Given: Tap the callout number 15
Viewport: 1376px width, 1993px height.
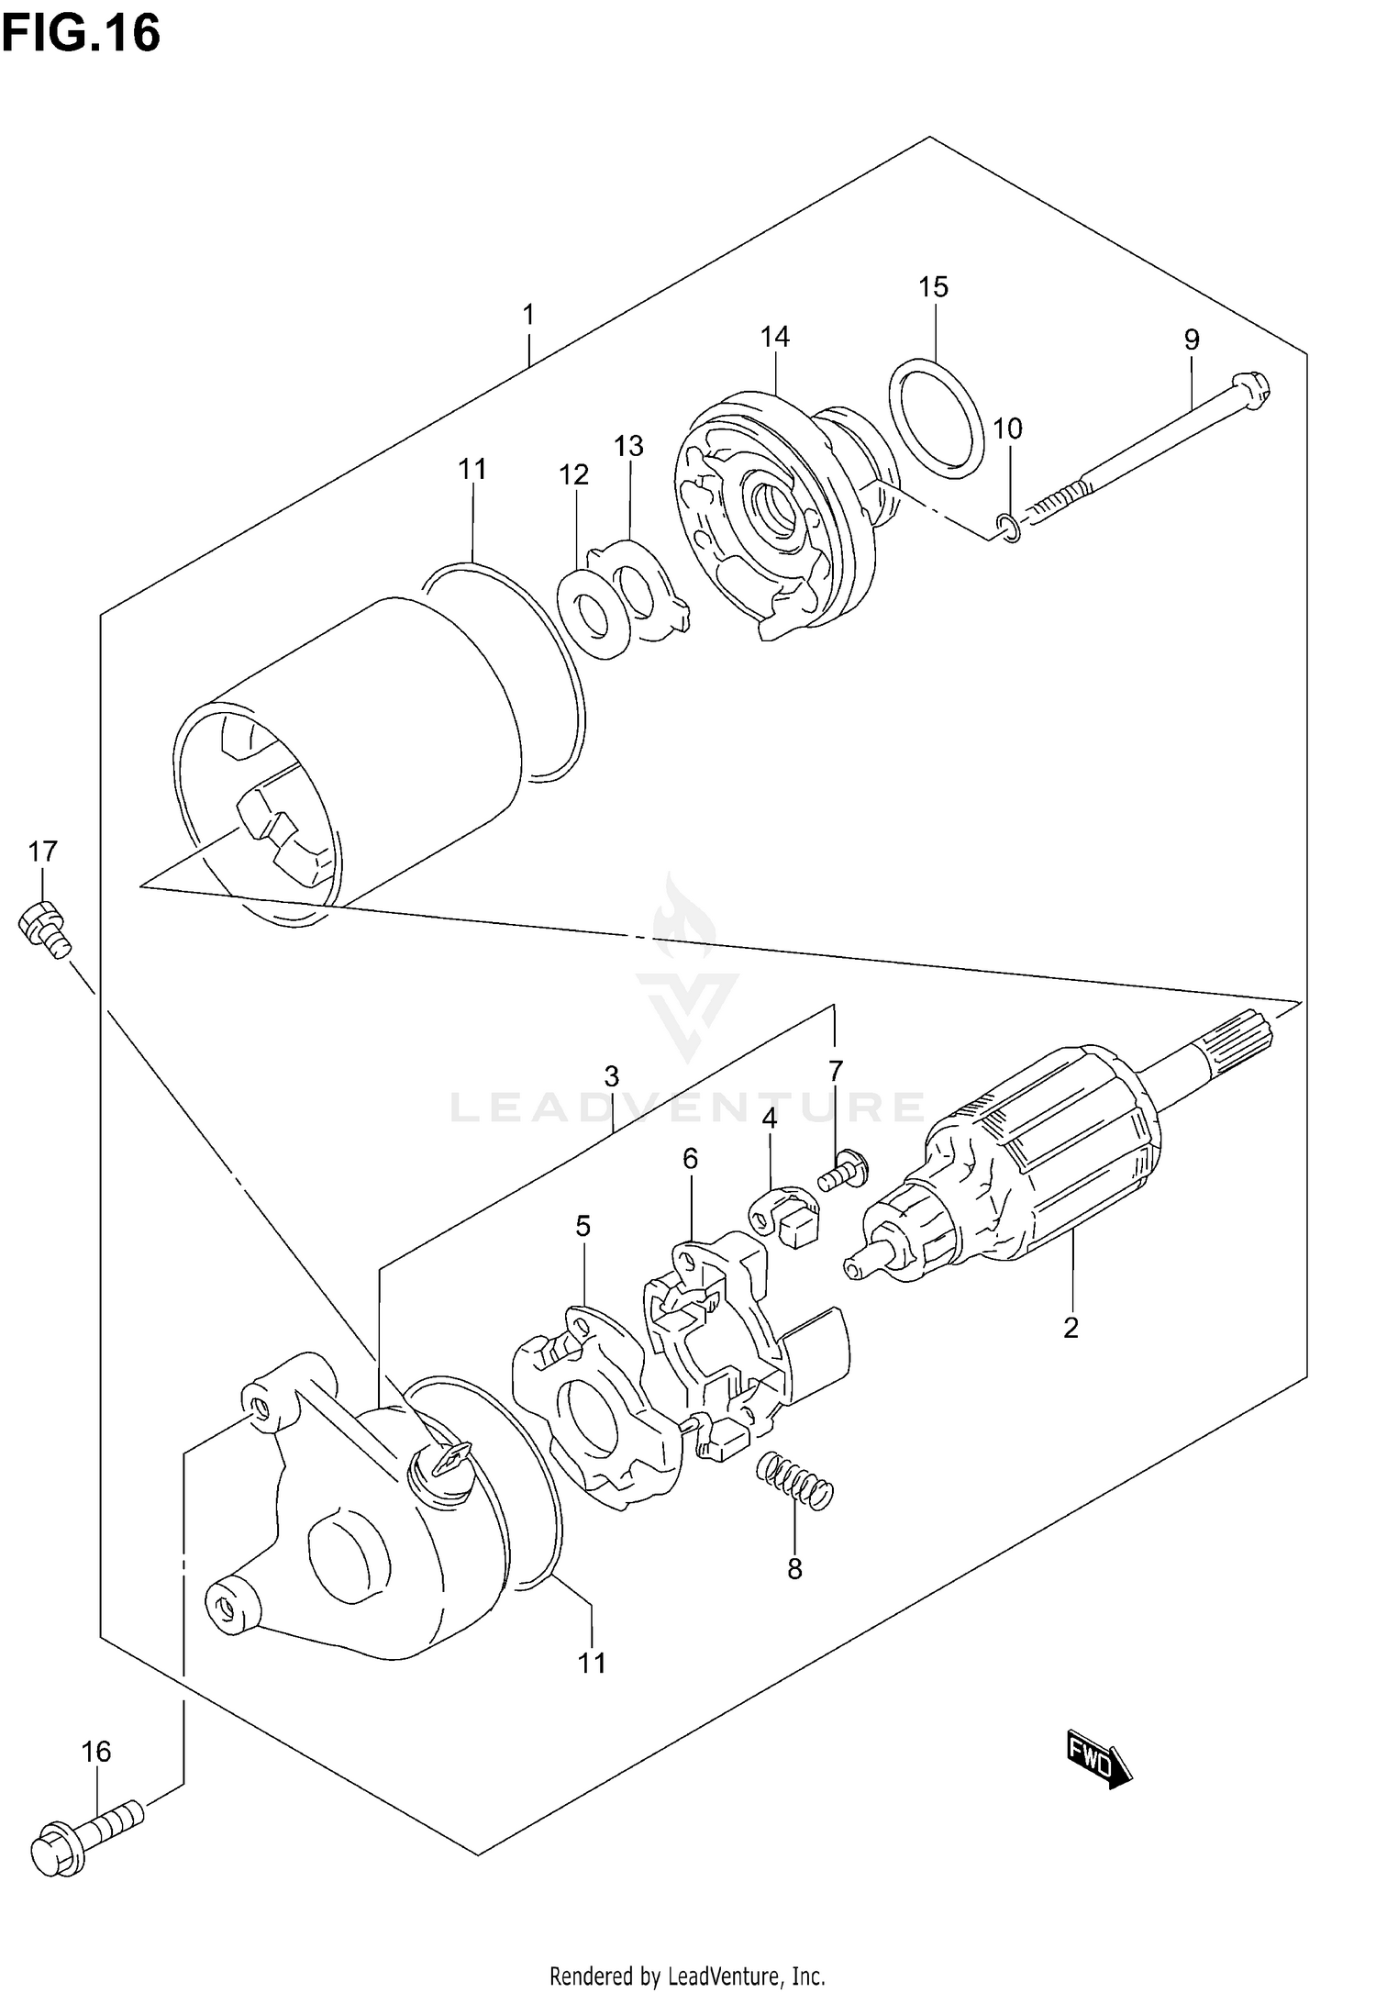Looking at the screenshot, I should coord(933,287).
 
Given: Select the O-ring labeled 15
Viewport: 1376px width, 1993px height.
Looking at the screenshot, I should coord(937,419).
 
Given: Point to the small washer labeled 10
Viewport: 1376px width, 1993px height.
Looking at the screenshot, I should coord(1008,529).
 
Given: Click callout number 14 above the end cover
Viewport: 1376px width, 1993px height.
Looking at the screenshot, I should coord(774,337).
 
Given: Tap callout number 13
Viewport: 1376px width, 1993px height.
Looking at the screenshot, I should coord(628,446).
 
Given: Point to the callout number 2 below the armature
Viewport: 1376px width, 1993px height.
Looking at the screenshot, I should coord(1071,1327).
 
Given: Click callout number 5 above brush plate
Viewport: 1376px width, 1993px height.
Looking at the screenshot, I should coord(583,1226).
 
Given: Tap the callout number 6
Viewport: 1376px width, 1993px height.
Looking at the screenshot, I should coord(690,1159).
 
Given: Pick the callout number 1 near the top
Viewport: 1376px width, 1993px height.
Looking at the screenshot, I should coord(528,315).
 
